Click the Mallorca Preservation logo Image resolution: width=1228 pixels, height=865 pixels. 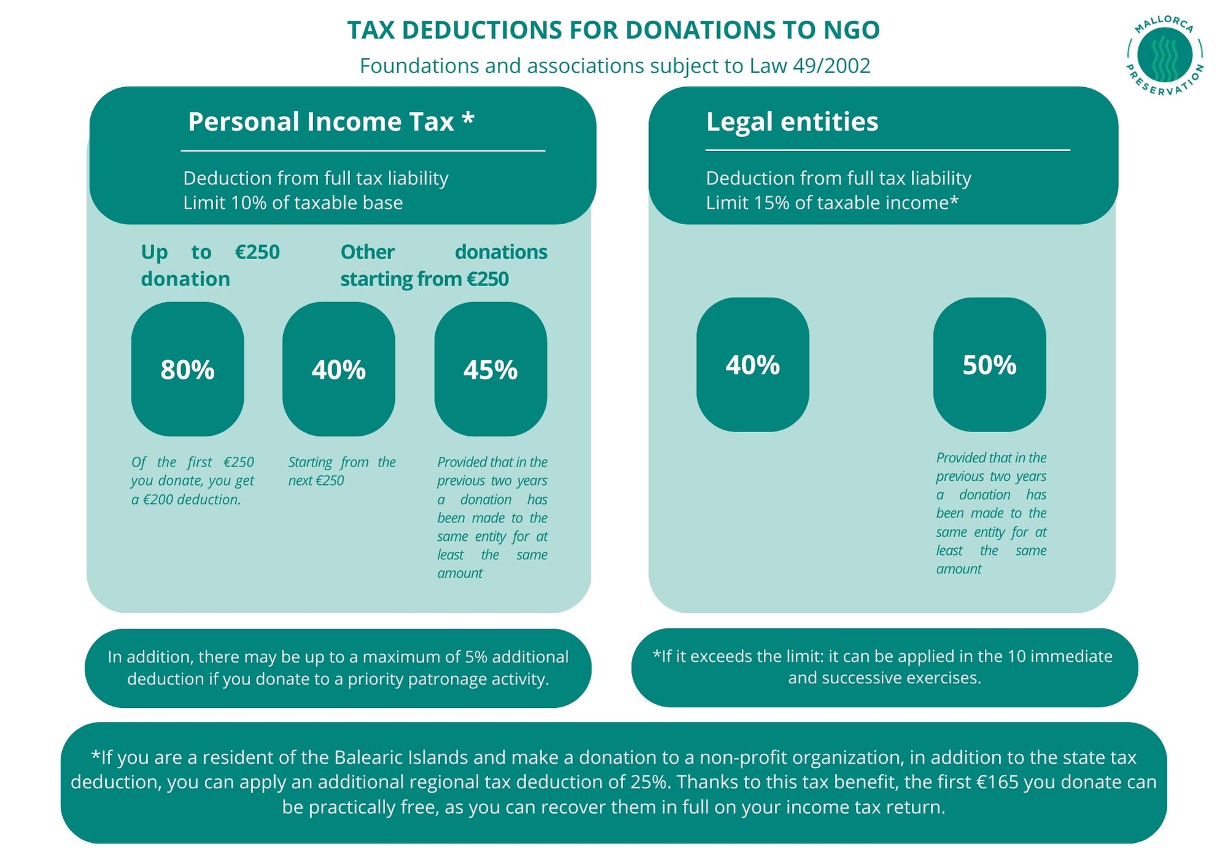coord(1164,55)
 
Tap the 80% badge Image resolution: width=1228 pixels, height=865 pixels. coord(187,370)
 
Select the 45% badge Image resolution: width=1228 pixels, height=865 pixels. coord(490,370)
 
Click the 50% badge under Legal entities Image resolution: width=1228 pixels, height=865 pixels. coord(989,365)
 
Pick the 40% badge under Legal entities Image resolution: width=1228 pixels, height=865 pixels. coord(752,365)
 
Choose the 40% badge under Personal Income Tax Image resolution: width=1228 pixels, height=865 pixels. coord(338,370)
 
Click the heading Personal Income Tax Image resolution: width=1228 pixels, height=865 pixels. coord(330,122)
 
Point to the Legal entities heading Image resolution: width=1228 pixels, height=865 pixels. coord(791,122)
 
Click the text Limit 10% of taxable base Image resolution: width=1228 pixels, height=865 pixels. coord(293,203)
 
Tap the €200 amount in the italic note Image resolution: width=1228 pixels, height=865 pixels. coord(158,500)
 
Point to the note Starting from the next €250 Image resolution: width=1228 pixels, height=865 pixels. coord(341,471)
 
